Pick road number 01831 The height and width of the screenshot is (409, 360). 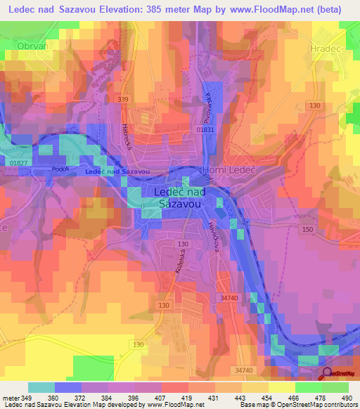(205, 129)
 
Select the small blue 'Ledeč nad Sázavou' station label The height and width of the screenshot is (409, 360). (117, 171)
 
